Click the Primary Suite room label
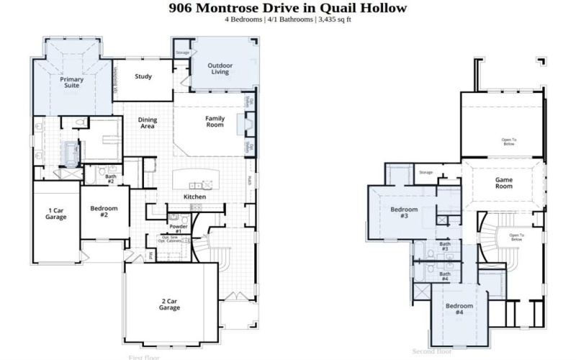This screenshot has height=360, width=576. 71,82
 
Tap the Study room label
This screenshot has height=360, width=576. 143,76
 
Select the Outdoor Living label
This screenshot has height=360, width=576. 219,68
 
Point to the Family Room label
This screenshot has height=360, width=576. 215,122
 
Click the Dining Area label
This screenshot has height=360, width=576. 148,123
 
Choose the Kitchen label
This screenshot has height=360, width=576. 194,197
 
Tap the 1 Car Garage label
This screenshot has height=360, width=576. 57,213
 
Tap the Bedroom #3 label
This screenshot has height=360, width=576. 400,212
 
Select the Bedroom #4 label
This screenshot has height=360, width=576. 459,309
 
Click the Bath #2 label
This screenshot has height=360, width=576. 110,178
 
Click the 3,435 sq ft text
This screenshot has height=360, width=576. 336,19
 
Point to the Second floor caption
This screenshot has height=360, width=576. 432,351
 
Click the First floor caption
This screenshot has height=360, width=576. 145,356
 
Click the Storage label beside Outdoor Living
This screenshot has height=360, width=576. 183,53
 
